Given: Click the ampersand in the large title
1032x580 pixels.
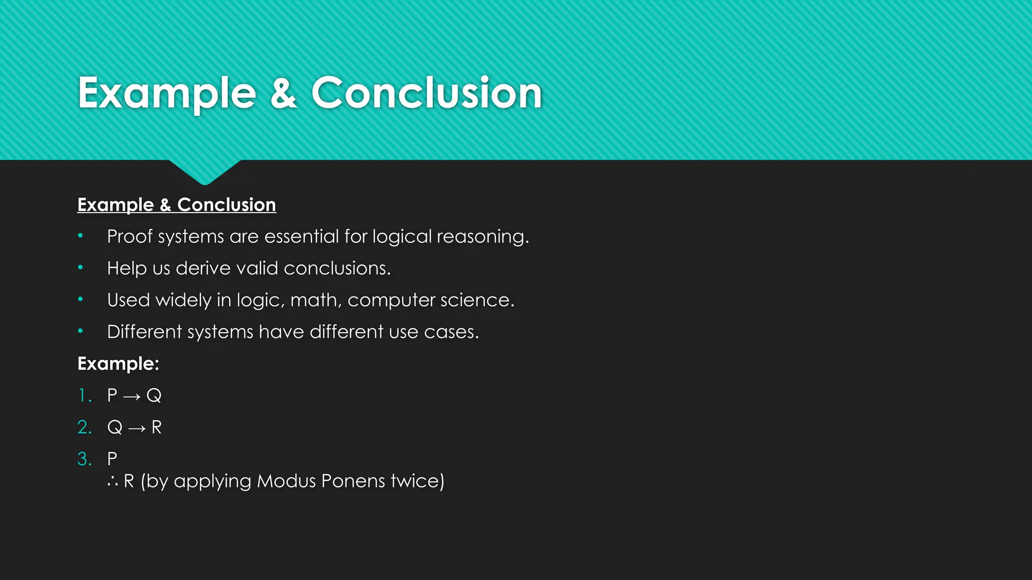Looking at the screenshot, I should [x=283, y=93].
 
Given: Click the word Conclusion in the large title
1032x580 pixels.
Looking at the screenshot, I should [x=426, y=93].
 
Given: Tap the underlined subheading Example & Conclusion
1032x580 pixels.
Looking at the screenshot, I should [x=176, y=205].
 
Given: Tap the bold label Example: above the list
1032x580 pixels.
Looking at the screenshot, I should [x=118, y=364].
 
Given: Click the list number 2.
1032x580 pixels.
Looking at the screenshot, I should [x=84, y=427].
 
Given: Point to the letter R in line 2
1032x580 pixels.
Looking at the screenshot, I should [x=157, y=427].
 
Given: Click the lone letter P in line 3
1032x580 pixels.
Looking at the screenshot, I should [x=112, y=459].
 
